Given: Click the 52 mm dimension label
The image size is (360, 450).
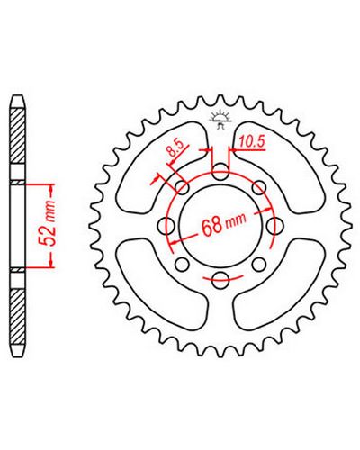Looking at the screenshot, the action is point(48,223).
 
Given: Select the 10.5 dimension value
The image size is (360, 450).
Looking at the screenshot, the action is point(252,142).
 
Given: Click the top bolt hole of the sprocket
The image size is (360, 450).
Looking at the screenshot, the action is point(220,171).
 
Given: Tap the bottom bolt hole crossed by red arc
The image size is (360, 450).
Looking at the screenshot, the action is point(220,279).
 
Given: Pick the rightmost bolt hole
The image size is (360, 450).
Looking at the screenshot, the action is point(274,225).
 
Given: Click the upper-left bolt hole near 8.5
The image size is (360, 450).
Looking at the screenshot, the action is point(183,187).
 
